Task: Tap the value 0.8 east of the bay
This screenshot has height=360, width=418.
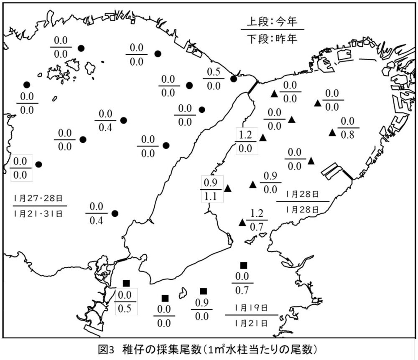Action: (x=347, y=135)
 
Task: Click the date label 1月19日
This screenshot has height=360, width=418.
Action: (x=251, y=308)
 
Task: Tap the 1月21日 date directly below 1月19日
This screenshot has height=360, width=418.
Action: (x=251, y=322)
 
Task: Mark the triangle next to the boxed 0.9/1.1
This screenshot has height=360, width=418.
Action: (x=227, y=188)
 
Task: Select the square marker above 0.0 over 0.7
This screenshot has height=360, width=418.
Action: (x=244, y=265)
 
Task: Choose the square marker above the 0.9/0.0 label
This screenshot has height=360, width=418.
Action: (x=204, y=292)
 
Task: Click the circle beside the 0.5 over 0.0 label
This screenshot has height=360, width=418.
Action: (x=234, y=79)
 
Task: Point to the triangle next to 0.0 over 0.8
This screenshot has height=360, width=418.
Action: (x=332, y=133)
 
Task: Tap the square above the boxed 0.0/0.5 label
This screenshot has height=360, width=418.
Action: (x=126, y=284)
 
